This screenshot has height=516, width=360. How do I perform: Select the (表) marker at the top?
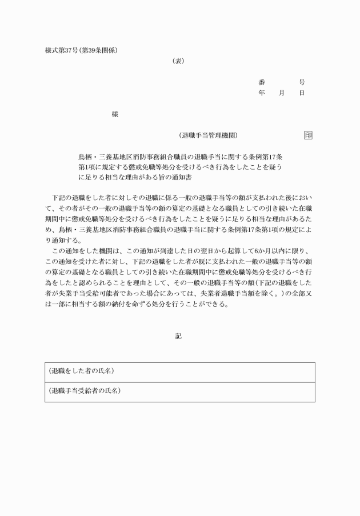pyautogui.click(x=178, y=61)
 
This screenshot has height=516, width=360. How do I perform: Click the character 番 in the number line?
pyautogui.click(x=262, y=82)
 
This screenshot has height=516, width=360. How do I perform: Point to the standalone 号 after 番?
pyautogui.click(x=302, y=82)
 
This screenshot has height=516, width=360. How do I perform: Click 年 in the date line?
pyautogui.click(x=262, y=93)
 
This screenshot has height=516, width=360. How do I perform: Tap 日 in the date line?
pyautogui.click(x=302, y=93)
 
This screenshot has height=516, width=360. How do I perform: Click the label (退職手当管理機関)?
pyautogui.click(x=208, y=135)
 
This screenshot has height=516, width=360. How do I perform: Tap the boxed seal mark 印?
pyautogui.click(x=308, y=135)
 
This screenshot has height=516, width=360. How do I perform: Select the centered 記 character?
pyautogui.click(x=179, y=336)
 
